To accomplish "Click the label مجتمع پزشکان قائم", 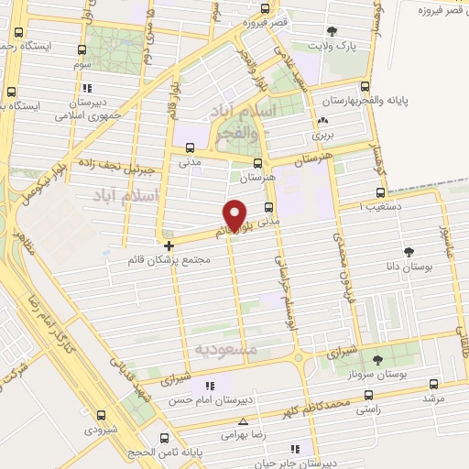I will (171, 260).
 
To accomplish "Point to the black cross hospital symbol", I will (169, 245).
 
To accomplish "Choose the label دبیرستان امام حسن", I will (210, 401).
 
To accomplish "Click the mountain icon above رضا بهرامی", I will (243, 421).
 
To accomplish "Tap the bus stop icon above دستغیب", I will (381, 192).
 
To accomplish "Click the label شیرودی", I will (102, 429).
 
